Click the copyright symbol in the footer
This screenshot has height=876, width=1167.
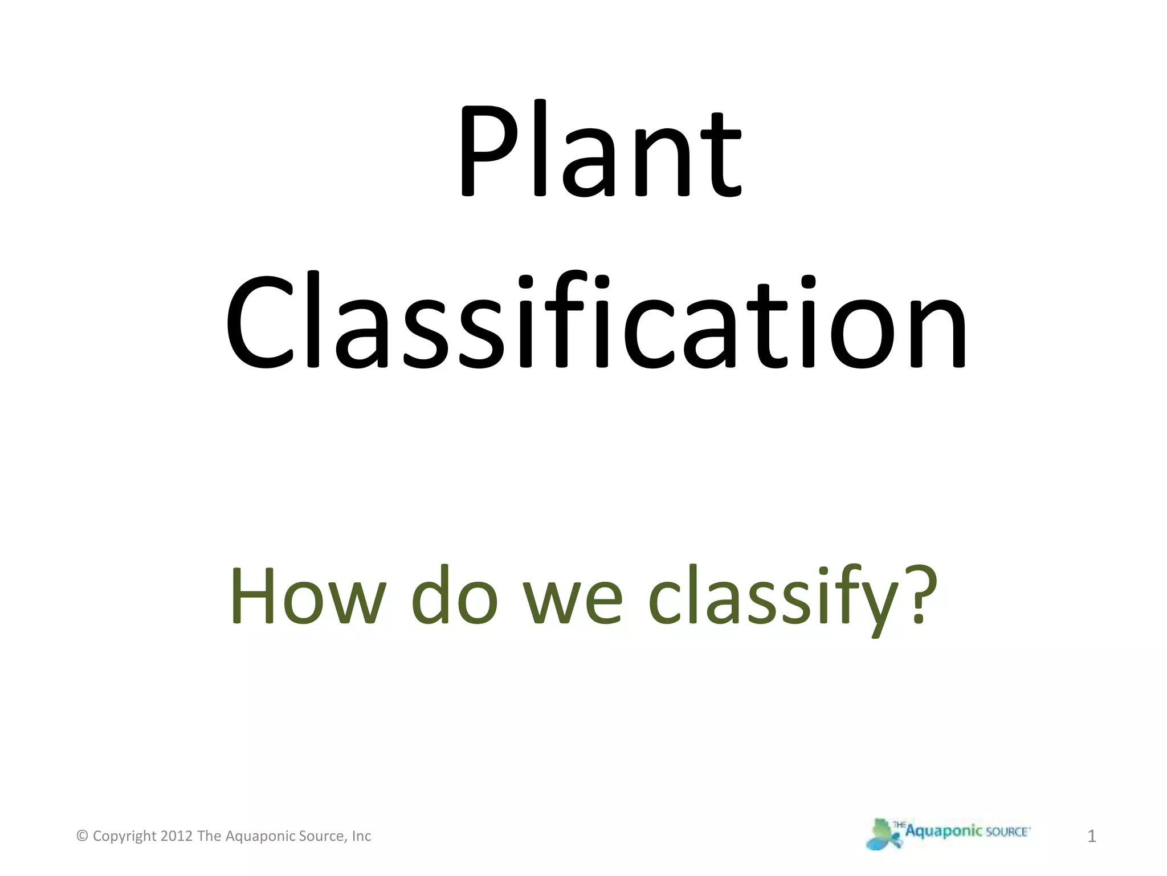click(x=82, y=836)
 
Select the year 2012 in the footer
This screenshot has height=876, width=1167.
click(x=177, y=836)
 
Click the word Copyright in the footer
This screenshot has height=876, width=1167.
click(x=124, y=837)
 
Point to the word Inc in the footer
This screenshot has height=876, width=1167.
click(x=361, y=836)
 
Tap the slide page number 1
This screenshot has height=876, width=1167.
click(x=1092, y=837)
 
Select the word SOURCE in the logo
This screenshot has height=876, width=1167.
click(x=1007, y=832)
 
